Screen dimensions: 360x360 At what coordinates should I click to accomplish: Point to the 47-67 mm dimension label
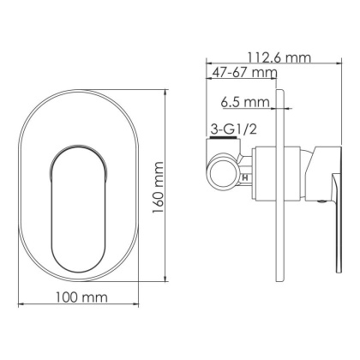243,74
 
